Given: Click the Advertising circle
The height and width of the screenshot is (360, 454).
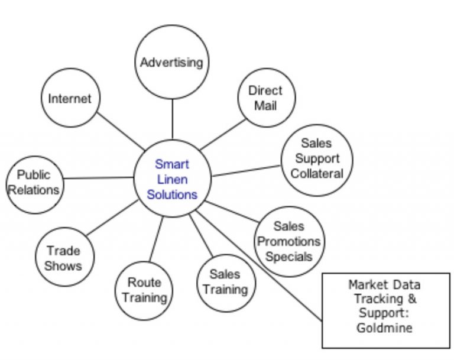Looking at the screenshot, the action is click(172, 62).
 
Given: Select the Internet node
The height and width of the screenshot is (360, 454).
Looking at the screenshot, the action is click(70, 98).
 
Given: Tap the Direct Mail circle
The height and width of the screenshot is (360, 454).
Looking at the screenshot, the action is click(267, 98).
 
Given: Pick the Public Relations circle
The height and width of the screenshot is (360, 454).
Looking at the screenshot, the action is click(35, 185).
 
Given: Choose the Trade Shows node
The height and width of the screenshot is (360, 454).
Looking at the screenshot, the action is click(65, 257).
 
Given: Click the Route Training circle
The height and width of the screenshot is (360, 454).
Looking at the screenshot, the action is click(144, 291).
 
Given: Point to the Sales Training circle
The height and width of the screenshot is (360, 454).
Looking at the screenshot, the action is click(226, 283).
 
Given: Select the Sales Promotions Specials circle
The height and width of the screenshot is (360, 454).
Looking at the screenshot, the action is click(289, 242).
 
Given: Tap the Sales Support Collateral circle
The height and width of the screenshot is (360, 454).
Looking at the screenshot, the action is click(317, 160).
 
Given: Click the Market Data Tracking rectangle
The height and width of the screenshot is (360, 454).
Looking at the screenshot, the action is click(386, 310).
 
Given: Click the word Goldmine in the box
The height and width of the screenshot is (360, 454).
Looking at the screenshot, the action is click(384, 328).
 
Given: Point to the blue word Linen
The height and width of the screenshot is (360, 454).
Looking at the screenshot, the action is click(172, 179).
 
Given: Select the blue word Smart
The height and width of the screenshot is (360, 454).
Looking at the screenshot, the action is click(172, 164).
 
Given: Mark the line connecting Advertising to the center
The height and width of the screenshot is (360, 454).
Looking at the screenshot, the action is click(173, 119).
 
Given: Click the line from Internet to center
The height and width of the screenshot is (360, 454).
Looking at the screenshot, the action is click(121, 131).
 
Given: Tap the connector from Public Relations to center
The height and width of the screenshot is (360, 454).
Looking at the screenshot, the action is click(99, 177).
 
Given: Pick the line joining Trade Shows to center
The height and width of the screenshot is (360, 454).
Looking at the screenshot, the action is click(112, 218).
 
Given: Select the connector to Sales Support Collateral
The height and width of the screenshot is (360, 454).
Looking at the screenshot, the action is click(247, 171).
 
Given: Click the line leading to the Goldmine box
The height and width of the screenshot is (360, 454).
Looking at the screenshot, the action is click(259, 266).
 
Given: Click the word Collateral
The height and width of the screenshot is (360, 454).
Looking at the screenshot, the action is click(317, 174).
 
